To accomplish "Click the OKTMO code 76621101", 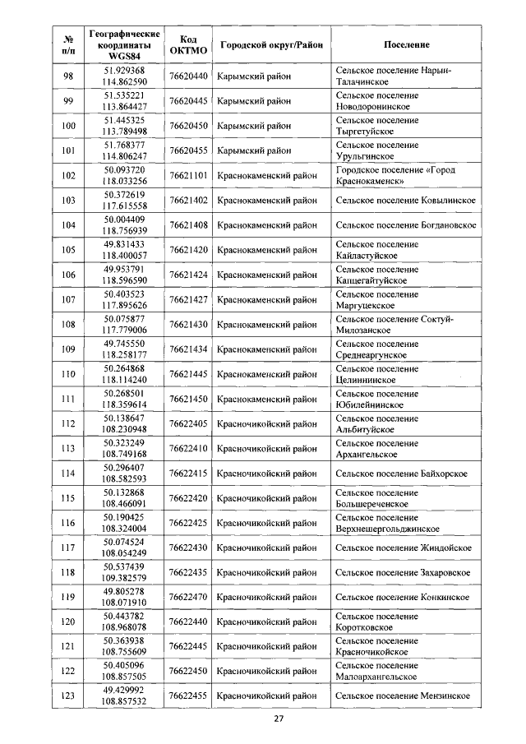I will pyautogui.click(x=187, y=175).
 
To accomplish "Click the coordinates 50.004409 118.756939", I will pyautogui.click(x=124, y=225).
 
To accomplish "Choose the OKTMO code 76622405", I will pyautogui.click(x=187, y=423).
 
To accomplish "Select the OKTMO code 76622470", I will pyautogui.click(x=187, y=597).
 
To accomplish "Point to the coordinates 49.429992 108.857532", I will pyautogui.click(x=124, y=696).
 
